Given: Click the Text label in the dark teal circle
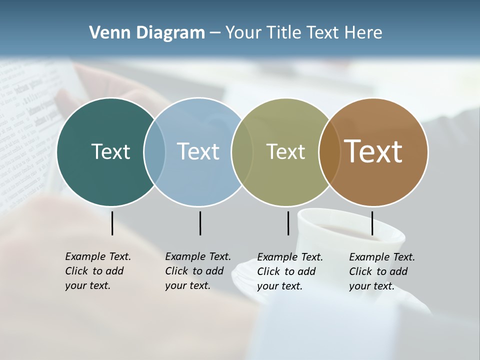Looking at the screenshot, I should pyautogui.click(x=110, y=151).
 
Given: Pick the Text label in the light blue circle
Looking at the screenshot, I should pyautogui.click(x=198, y=151).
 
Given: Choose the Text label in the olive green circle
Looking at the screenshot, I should pyautogui.click(x=285, y=151).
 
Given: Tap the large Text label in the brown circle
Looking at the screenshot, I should pyautogui.click(x=373, y=151).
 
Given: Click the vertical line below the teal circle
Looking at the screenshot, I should pyautogui.click(x=112, y=223).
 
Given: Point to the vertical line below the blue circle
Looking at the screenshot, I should pyautogui.click(x=200, y=223).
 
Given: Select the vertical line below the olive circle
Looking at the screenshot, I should pyautogui.click(x=288, y=223).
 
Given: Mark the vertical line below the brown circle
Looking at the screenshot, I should pyautogui.click(x=372, y=223).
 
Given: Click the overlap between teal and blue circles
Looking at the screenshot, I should pyautogui.click(x=154, y=151).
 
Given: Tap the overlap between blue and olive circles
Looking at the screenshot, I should pyautogui.click(x=242, y=151).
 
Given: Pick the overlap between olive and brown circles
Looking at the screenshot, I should pyautogui.click(x=329, y=151).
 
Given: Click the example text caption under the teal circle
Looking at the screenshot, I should pyautogui.click(x=97, y=271).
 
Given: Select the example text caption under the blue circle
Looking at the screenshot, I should pyautogui.click(x=197, y=271).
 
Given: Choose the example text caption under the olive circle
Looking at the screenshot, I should pyautogui.click(x=289, y=271).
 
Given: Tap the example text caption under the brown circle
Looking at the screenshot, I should pyautogui.click(x=381, y=271).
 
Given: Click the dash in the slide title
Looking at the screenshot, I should pyautogui.click(x=215, y=33).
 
